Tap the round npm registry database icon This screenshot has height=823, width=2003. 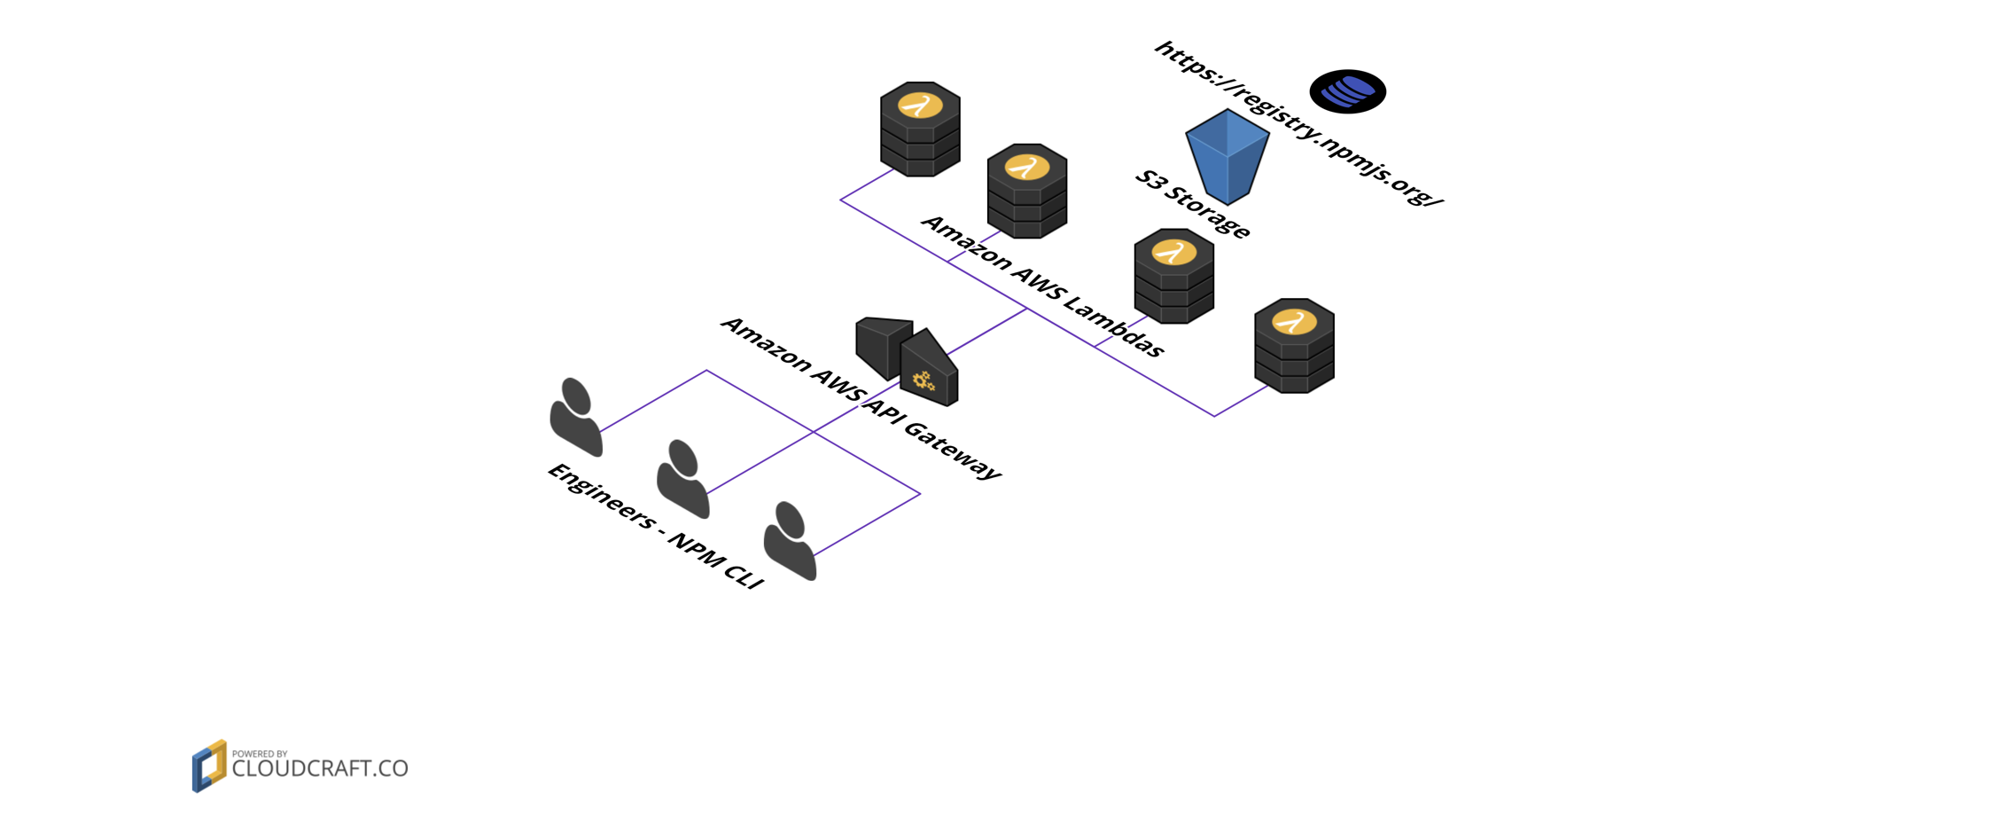pos(1347,91)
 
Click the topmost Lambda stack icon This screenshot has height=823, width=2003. pos(920,129)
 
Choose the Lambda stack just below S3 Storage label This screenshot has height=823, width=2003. pos(1173,276)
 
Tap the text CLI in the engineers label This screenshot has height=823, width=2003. pos(743,573)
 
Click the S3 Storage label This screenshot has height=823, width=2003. pos(1192,205)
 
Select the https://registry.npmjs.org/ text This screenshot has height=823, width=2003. pos(1298,123)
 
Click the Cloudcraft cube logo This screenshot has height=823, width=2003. pos(209,766)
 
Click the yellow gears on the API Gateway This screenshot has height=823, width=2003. pos(924,381)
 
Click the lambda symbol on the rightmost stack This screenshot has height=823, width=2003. pos(1294,321)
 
